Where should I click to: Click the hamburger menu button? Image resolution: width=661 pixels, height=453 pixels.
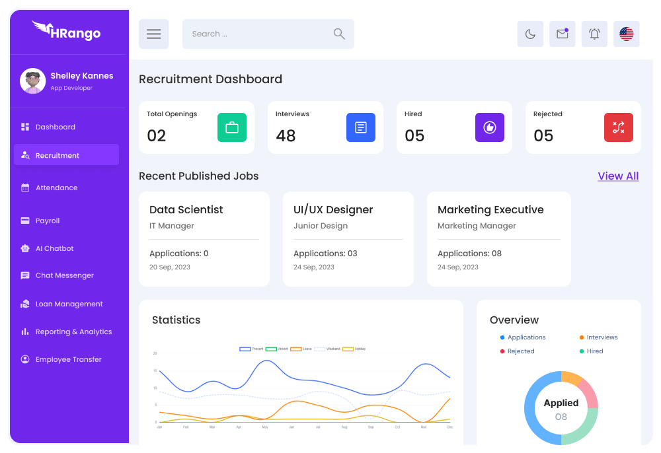[x=153, y=34]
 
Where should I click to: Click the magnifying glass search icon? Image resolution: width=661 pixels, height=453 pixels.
[x=339, y=34]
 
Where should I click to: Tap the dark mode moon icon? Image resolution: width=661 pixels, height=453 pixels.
[x=530, y=34]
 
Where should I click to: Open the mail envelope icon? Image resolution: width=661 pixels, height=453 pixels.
[x=562, y=34]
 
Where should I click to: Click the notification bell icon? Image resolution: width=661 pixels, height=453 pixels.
[x=594, y=34]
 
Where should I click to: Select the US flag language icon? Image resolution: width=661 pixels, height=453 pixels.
[x=626, y=34]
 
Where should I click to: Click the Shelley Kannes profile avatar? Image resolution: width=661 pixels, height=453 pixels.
[x=32, y=81]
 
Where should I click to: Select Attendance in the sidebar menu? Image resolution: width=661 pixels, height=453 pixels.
[x=56, y=188]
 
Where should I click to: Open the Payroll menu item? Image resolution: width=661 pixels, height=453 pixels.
[x=48, y=221]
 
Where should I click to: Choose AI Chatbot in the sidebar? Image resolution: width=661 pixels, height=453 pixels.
[x=54, y=249]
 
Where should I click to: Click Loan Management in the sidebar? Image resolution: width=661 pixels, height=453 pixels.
[x=69, y=304]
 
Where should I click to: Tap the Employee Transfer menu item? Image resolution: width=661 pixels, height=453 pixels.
[x=68, y=360]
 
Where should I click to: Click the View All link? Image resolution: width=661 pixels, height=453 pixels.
[x=618, y=176]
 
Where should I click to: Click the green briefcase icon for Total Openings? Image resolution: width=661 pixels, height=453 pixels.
[x=232, y=127]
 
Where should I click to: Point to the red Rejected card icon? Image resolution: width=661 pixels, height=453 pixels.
[x=618, y=127]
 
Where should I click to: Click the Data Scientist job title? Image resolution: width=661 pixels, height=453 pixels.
[x=186, y=210]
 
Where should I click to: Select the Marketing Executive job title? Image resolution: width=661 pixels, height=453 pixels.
[x=490, y=210]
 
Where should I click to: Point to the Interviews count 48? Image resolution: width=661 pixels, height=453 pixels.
[x=286, y=136]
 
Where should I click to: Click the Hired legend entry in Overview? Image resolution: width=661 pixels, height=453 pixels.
[x=594, y=351]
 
